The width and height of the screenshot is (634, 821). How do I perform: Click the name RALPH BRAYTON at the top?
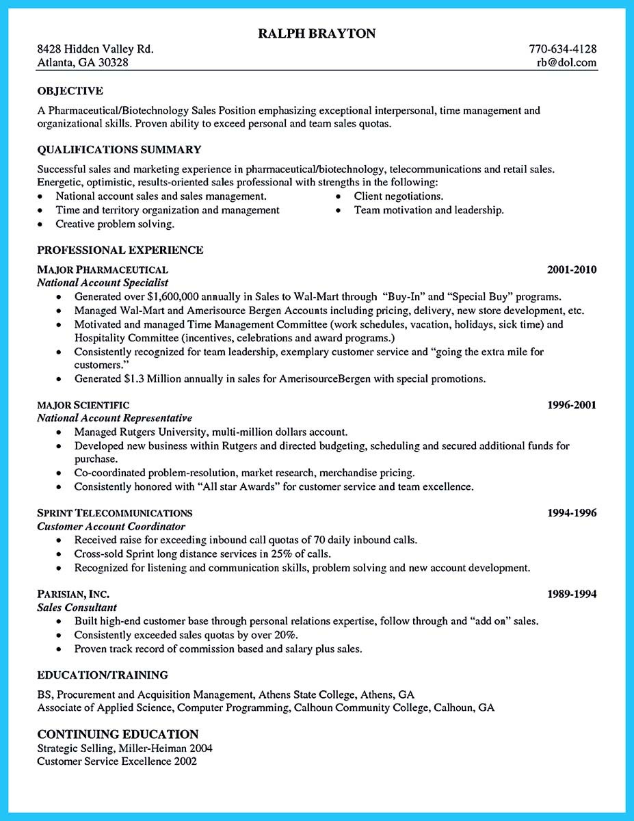[x=317, y=34]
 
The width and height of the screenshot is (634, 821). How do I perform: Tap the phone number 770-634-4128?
[x=562, y=49]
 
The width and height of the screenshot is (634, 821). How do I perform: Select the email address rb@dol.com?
[x=567, y=62]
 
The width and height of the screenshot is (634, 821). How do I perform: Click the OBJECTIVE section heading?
[x=70, y=90]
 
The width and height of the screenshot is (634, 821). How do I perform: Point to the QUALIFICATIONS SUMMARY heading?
[x=119, y=149]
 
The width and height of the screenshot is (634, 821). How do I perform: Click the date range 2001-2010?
[x=572, y=270]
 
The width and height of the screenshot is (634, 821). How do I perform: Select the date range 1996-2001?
[x=572, y=405]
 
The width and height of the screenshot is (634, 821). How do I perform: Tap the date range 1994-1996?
[x=572, y=513]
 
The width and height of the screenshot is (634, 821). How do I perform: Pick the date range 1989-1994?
[x=572, y=594]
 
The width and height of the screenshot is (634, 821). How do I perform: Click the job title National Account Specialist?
[x=103, y=283]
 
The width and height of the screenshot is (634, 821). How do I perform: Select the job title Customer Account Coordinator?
[x=111, y=526]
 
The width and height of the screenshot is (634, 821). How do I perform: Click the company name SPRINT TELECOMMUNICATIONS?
[x=114, y=513]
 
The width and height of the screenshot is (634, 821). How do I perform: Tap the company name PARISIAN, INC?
[x=73, y=594]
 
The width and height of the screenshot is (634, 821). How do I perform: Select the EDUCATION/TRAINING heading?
[x=103, y=675]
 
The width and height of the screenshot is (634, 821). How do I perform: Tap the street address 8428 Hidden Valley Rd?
[x=95, y=49]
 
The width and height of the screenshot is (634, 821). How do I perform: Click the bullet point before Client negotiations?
[x=339, y=196]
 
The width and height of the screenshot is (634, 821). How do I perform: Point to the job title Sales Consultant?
[x=77, y=608]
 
